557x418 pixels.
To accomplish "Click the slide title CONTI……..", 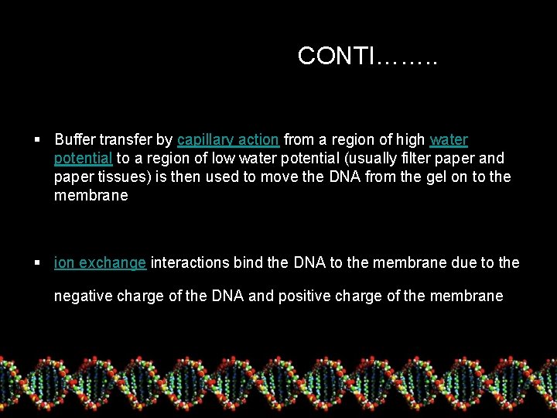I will [x=367, y=57].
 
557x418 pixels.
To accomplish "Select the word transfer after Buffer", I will [x=125, y=140].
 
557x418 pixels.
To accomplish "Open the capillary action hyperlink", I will [x=227, y=140].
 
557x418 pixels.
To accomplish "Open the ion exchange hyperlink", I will [x=100, y=263].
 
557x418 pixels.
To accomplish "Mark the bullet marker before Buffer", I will [x=37, y=140].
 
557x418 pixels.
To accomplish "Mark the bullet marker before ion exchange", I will [x=37, y=263].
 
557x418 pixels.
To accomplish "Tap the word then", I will [x=202, y=177].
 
